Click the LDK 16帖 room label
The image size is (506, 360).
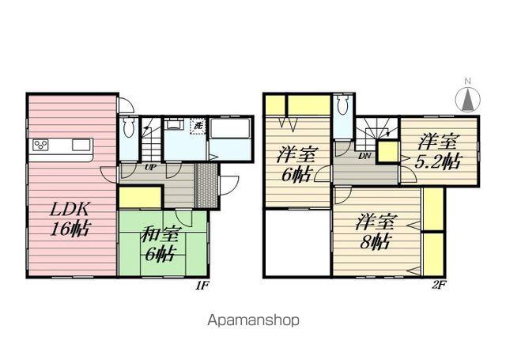tap(70, 219)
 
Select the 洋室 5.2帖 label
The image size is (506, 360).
tap(438, 152)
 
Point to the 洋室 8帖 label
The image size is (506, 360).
tap(375, 231)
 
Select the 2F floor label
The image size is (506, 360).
tap(439, 286)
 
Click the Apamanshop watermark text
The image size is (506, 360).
tap(253, 320)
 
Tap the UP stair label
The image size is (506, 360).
tap(151, 168)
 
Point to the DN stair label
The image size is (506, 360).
tap(364, 157)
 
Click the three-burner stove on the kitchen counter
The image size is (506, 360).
tap(41, 145)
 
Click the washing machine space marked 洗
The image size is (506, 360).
tap(198, 127)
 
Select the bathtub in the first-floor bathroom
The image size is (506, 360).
tap(230, 129)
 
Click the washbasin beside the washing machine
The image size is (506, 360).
tap(174, 124)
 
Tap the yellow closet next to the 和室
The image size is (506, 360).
tap(141, 197)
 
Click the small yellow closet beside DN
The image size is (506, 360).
tap(387, 151)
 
